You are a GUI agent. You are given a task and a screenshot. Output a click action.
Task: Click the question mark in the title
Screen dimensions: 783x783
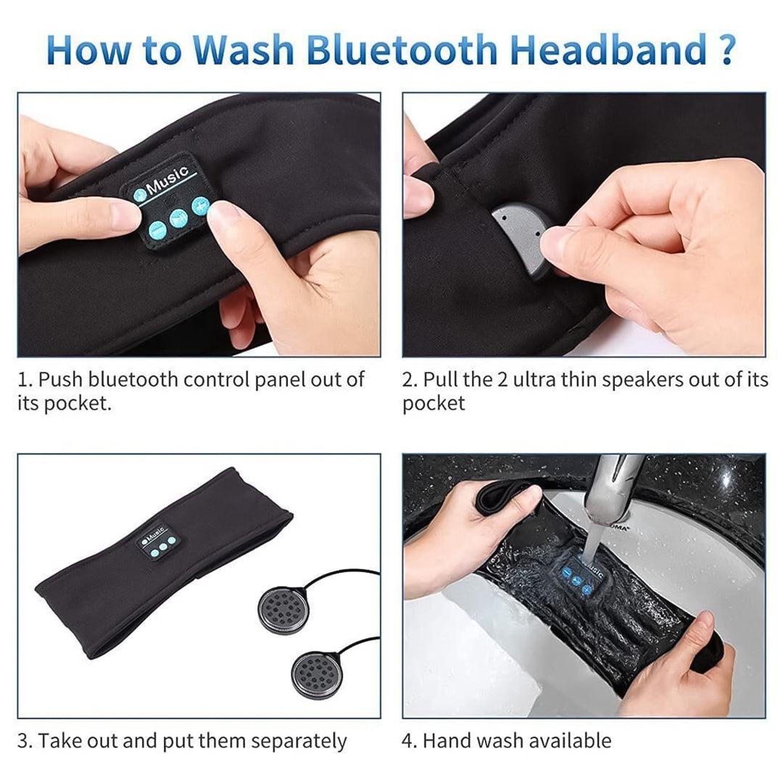point(721,49)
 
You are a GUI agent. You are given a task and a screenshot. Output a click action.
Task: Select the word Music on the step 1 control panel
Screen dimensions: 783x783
point(168,181)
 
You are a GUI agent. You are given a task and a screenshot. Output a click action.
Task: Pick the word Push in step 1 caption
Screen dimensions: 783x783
point(62,380)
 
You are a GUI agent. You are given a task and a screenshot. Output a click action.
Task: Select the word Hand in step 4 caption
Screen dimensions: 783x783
point(447,741)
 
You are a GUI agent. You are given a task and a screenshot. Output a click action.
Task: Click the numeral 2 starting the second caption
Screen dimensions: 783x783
point(408,380)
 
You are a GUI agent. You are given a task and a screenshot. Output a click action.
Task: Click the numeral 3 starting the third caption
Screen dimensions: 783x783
point(24,741)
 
